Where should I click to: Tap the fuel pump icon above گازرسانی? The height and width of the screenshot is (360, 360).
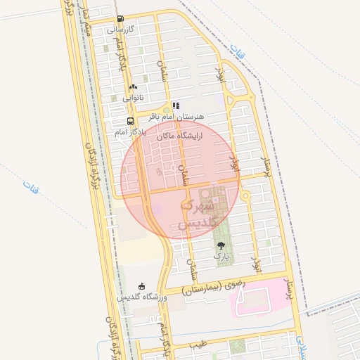(x=120, y=19)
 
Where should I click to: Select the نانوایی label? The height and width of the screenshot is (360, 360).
(x=133, y=98)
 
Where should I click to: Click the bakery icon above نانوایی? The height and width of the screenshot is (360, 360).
(x=132, y=87)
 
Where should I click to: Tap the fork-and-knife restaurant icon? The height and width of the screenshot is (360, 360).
(x=176, y=105)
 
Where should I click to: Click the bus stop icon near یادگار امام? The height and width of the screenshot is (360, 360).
(x=121, y=121)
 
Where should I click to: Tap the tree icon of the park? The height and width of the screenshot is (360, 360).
(x=221, y=245)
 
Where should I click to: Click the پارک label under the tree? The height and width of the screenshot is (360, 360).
(x=221, y=257)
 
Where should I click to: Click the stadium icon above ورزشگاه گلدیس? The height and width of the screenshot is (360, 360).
(x=142, y=286)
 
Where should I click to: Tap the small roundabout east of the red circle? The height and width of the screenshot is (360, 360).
(x=245, y=196)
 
